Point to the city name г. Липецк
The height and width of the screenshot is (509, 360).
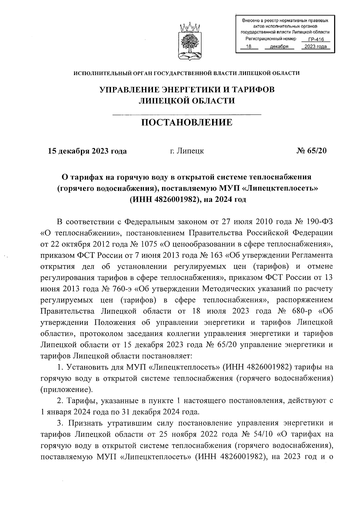click(187, 151)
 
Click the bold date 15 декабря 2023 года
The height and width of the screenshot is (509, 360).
click(88, 151)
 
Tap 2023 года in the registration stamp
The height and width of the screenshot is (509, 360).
click(315, 46)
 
